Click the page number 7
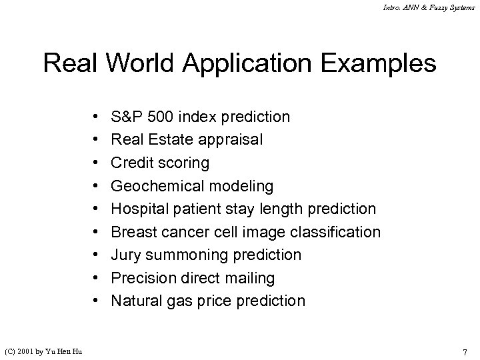pos(465,351)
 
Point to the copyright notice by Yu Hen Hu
pos(45,351)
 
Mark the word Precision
pos(141,278)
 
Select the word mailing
pos(251,278)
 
